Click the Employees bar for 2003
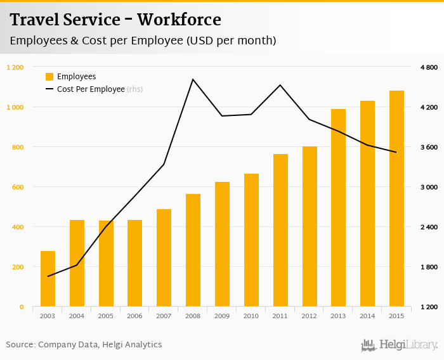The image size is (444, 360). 48,279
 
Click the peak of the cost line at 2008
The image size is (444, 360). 193,79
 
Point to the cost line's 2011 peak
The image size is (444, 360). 280,85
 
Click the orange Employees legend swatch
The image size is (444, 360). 49,77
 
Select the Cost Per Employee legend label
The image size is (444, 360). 91,89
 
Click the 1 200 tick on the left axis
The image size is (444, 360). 15,67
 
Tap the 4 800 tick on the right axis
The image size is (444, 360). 429,67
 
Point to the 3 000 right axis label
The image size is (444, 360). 429,187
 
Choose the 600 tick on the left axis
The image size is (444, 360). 17,187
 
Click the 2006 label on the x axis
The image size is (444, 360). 134,316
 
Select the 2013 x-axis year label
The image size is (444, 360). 338,316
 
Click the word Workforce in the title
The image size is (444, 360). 179,20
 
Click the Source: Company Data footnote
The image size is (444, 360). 84,345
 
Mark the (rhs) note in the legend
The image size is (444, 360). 134,89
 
